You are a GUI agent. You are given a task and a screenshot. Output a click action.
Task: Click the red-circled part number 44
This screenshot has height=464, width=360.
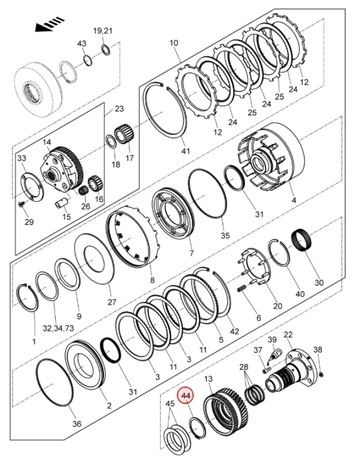pos(186,395)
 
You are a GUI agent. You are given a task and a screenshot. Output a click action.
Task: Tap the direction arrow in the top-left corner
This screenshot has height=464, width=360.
pos(49,24)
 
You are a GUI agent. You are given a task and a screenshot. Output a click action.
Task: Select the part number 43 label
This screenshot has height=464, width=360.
pos(82,43)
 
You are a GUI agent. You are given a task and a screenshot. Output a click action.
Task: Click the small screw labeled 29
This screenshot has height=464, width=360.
pos(22,204)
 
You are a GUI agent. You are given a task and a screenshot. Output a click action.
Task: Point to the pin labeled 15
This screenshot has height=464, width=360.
pos(62,204)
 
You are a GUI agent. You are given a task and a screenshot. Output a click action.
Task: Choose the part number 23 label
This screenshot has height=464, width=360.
pos(119,109)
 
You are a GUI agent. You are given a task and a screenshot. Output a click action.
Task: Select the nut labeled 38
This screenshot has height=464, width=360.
pos(321,376)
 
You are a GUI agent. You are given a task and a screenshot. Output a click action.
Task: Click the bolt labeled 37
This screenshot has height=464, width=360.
pos(266,370)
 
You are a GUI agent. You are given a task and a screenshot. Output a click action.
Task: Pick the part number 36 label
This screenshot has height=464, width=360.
pos(77,424)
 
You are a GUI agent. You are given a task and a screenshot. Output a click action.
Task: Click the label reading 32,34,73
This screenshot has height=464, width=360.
pos(58,328)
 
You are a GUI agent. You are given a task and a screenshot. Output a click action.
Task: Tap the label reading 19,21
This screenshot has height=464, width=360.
pos(103,30)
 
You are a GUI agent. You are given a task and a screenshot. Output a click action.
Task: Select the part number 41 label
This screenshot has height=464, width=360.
pos(186,151)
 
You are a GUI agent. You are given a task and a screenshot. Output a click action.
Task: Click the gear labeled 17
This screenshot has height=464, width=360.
pos(124,135)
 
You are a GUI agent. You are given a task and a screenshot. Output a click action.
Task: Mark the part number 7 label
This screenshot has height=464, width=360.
pos(191,253)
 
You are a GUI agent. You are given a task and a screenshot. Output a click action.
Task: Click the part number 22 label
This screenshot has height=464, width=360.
pos(288,335)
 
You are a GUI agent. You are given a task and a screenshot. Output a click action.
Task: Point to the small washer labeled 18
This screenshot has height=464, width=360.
pos(110,142)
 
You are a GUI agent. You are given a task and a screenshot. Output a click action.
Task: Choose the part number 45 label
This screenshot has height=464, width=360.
pos(170,403)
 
